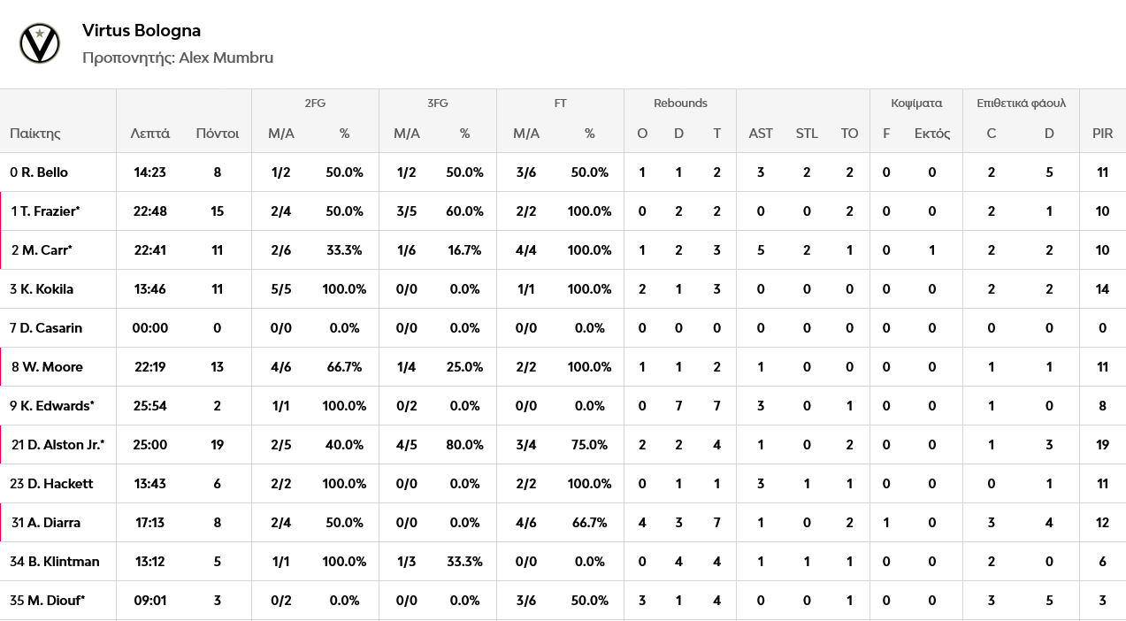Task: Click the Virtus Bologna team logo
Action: point(40,43)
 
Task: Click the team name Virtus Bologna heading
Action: point(142,31)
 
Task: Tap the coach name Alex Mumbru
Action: point(226,57)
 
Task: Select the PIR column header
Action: point(1102,134)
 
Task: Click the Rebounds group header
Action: point(680,103)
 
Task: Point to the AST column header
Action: point(761,134)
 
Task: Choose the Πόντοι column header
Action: point(218,134)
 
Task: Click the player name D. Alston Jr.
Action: point(65,444)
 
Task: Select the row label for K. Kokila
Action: point(42,289)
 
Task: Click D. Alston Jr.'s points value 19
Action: point(218,444)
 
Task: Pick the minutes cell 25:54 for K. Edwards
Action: point(149,406)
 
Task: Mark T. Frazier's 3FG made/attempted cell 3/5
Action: point(406,211)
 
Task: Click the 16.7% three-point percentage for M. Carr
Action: point(464,250)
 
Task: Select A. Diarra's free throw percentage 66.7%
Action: point(589,523)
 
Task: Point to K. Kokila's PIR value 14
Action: point(1102,289)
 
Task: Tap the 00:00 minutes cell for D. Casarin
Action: point(149,328)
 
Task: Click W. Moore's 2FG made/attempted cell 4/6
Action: point(281,367)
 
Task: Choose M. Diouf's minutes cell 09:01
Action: point(149,601)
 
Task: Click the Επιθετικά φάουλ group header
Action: point(1021,103)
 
